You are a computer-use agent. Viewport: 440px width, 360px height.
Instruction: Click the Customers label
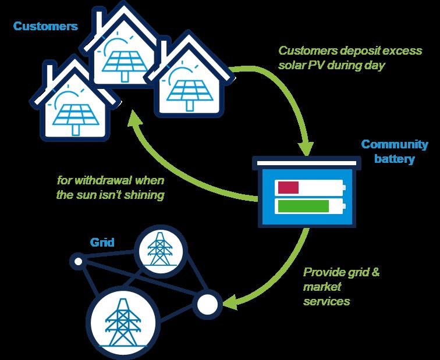coord(45,26)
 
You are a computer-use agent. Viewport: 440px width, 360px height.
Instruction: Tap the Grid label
coord(102,243)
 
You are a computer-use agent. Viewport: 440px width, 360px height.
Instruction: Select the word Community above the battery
coord(395,144)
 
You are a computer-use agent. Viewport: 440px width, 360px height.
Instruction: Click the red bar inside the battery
coord(288,188)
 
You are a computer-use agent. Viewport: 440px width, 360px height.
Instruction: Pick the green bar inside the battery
coord(303,206)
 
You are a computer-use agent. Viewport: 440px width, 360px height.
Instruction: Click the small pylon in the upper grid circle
coord(160,249)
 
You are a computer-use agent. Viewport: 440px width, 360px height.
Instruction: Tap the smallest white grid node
coord(79,262)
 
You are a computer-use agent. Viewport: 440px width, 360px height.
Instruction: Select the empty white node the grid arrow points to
coord(207,305)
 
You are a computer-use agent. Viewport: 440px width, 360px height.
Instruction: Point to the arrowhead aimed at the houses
coord(134,119)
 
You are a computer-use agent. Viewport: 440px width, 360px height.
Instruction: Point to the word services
coord(327,301)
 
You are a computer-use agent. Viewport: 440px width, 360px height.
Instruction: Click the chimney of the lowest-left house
coord(49,77)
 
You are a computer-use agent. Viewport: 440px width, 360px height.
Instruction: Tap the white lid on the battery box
coord(307,163)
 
